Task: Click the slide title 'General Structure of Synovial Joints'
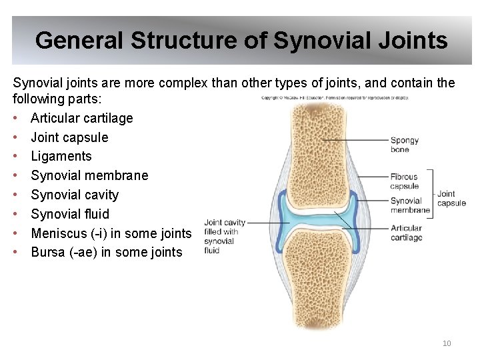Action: click(241, 41)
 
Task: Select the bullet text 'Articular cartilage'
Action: click(82, 118)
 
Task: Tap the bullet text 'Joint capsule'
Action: click(69, 137)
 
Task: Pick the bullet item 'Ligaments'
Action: click(61, 156)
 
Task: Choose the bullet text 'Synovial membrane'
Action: click(89, 175)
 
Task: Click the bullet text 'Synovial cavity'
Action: click(75, 195)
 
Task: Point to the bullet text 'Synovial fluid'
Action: click(70, 214)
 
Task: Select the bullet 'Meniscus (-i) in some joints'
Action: click(111, 233)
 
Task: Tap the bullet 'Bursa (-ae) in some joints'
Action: click(107, 252)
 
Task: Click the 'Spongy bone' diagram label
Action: click(405, 145)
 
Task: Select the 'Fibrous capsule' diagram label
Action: click(405, 181)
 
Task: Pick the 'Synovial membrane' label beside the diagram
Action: click(410, 205)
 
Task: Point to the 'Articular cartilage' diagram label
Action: click(407, 233)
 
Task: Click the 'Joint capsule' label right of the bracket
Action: click(451, 198)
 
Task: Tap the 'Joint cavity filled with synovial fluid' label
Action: click(224, 236)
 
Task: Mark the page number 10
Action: click(447, 343)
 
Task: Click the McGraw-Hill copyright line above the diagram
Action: click(335, 98)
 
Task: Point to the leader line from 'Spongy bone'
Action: click(353, 140)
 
